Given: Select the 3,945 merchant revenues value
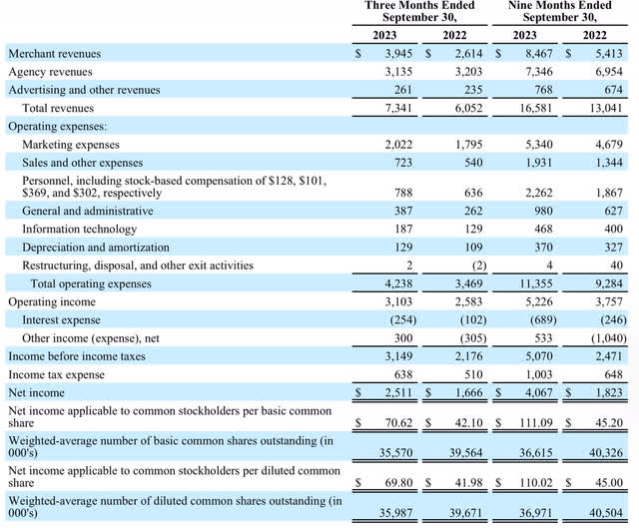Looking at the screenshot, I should coord(397,53).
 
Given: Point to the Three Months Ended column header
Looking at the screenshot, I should coord(419,11).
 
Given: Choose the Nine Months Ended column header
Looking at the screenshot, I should coord(562,11).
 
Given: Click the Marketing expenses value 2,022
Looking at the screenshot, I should coord(397,144).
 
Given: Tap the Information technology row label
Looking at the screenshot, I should coord(79,229).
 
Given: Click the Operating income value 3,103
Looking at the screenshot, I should coord(397,300).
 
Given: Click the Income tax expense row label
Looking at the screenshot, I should coord(56,373).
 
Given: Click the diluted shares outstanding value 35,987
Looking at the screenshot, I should coord(395,512).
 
